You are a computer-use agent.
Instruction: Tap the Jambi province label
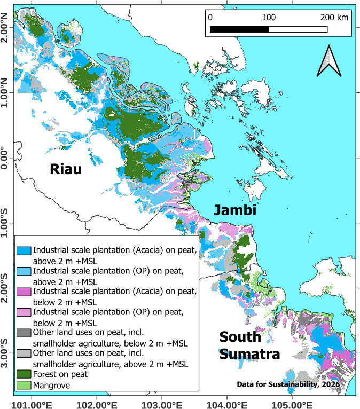click(x=236, y=210)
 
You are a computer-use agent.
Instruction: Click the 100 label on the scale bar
click(x=268, y=17)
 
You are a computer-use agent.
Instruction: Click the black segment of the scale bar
click(x=239, y=29)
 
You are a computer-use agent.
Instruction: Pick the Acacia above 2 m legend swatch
click(x=24, y=250)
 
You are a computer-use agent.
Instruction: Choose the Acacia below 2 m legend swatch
click(x=24, y=292)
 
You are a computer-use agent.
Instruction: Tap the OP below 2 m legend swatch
click(x=24, y=312)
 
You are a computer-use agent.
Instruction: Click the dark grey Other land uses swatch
click(x=24, y=332)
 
